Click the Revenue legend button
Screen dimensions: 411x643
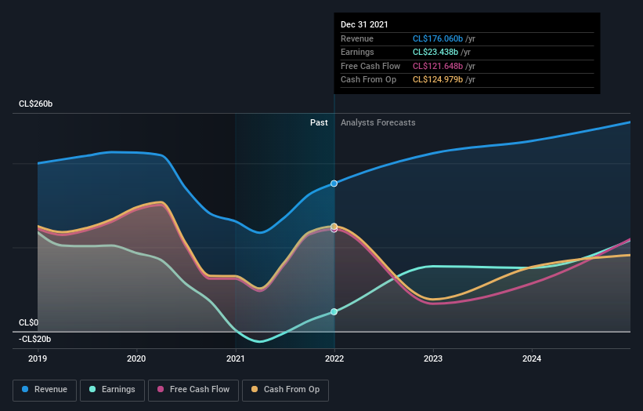[x=45, y=389]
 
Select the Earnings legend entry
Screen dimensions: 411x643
[x=112, y=389]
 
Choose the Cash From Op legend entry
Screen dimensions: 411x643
[x=285, y=389]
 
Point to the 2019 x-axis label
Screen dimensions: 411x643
[x=38, y=359]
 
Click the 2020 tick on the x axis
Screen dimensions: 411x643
[x=136, y=359]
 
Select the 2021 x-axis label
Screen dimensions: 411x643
[x=235, y=359]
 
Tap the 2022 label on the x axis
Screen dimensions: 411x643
[x=334, y=359]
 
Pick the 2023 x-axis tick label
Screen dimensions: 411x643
[x=433, y=359]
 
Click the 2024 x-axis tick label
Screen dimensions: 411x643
[x=532, y=359]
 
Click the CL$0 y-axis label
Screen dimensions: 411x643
[x=29, y=322]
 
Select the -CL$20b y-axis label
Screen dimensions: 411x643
[x=35, y=339]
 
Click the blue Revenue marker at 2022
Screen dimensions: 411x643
[x=334, y=184]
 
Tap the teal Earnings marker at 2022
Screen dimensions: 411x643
[x=334, y=312]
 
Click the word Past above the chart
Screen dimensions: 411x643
[x=319, y=122]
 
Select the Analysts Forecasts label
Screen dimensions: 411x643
[x=377, y=122]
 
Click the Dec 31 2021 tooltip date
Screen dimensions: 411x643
[x=364, y=25]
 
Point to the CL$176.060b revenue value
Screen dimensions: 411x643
[x=444, y=39]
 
